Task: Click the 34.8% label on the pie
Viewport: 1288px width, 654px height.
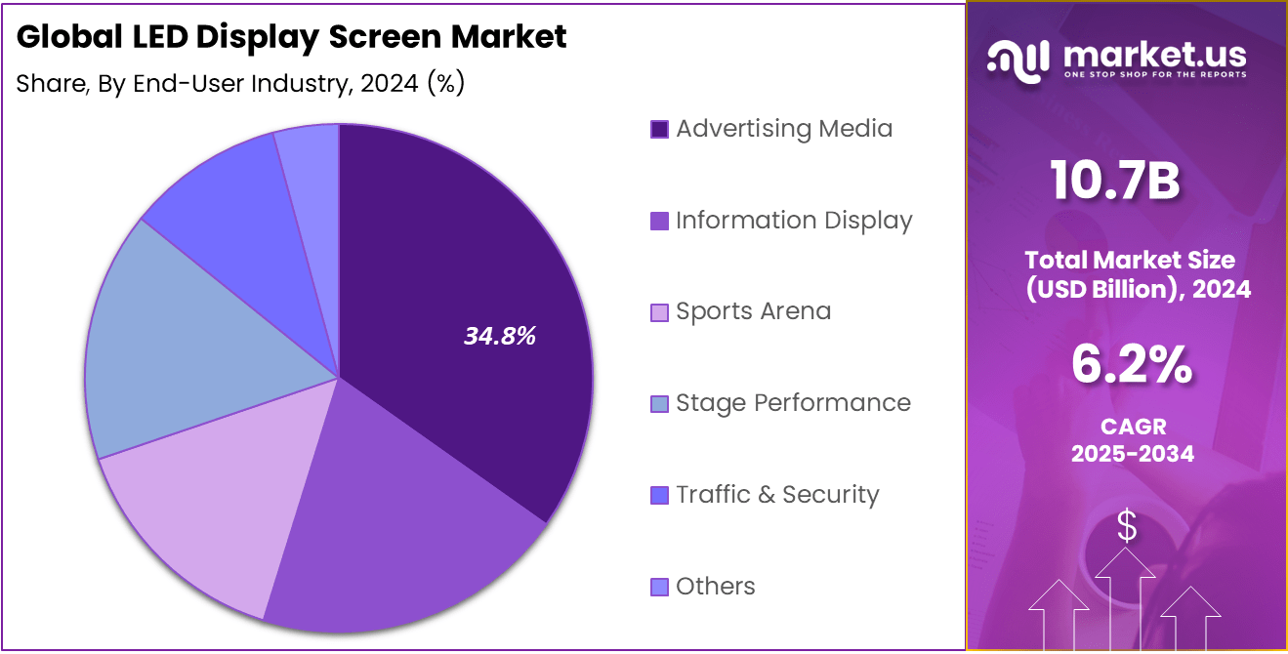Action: (500, 337)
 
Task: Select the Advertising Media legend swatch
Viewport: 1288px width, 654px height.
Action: (659, 129)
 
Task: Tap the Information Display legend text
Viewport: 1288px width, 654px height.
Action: (793, 221)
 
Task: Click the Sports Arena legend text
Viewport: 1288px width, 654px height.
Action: (753, 311)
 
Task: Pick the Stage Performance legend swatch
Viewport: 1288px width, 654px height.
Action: (659, 404)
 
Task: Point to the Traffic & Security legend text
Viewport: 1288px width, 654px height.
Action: (777, 495)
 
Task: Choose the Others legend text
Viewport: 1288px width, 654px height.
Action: (715, 587)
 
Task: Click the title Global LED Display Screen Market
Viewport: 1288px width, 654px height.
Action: (291, 37)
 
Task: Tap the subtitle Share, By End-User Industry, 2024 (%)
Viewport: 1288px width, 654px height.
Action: (240, 84)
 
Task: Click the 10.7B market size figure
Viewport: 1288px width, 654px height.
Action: (1116, 182)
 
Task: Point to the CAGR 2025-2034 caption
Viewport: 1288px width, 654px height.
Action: (1132, 440)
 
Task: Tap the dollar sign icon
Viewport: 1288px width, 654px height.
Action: (1127, 527)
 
